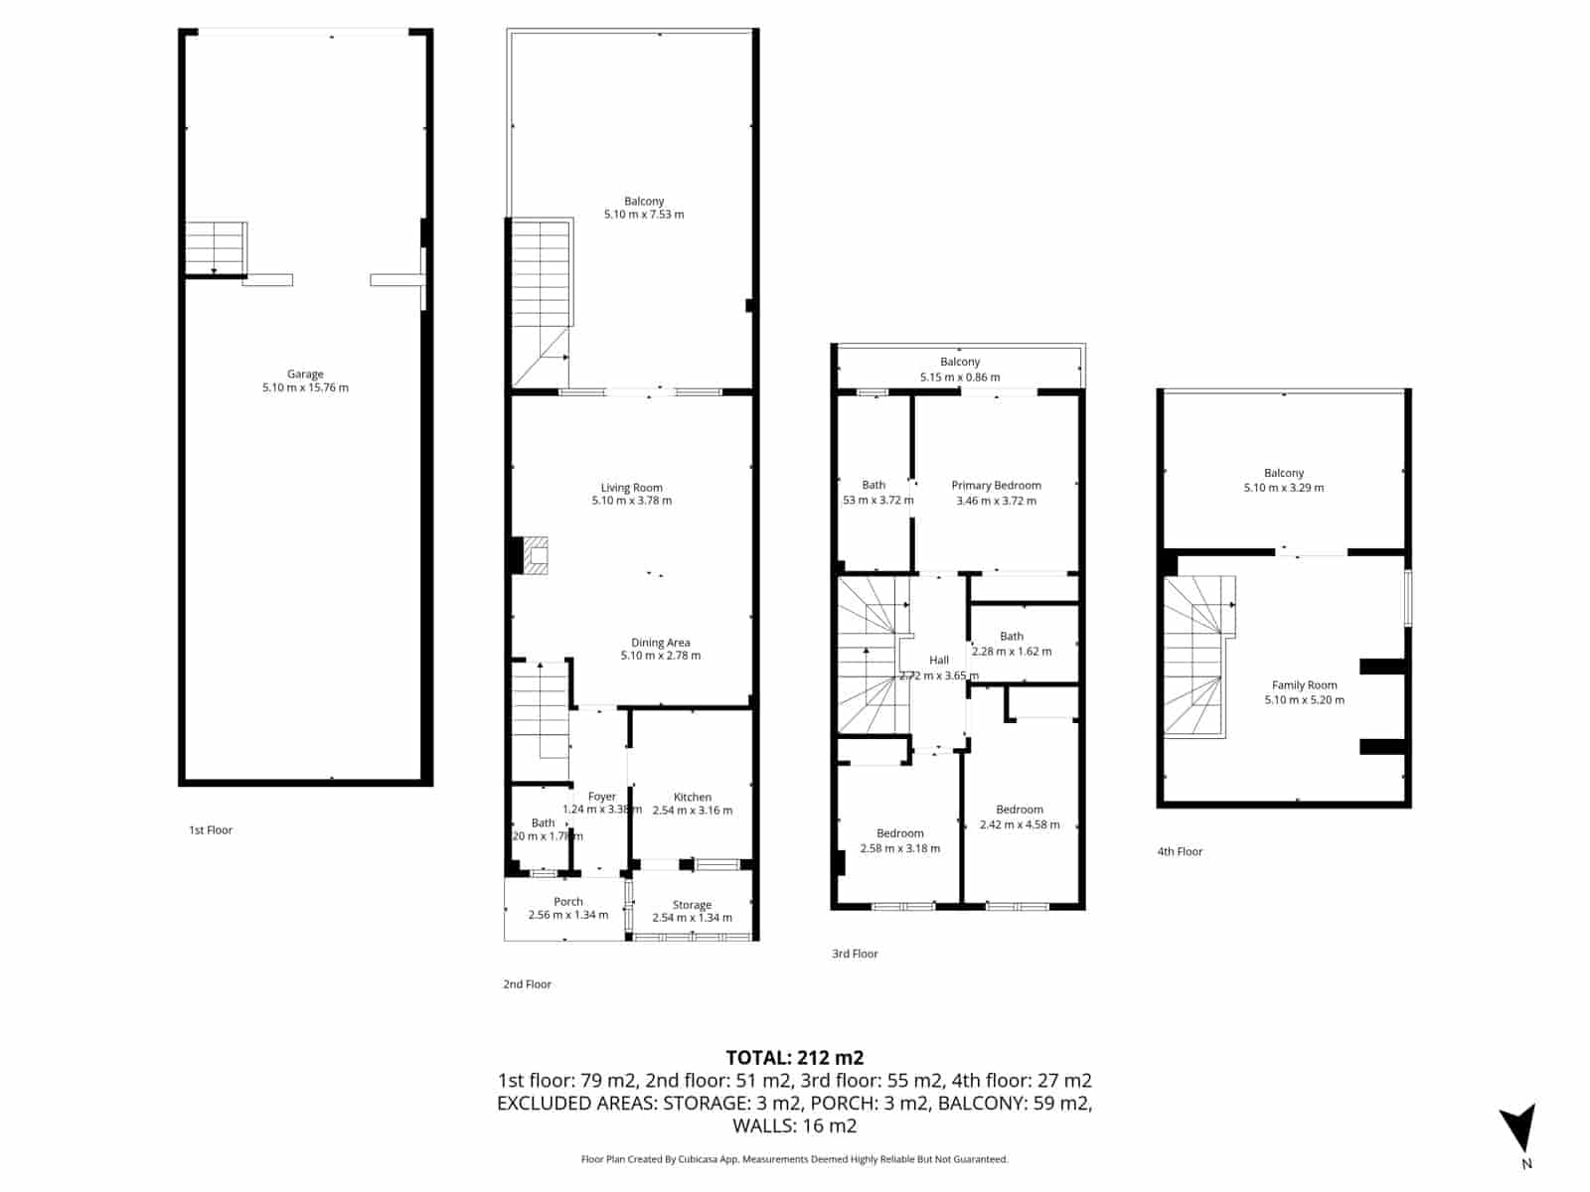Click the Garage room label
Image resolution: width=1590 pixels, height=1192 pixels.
(305, 374)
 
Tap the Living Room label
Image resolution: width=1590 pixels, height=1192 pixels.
(631, 488)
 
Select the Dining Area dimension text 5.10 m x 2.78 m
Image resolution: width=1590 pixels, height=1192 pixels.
(661, 656)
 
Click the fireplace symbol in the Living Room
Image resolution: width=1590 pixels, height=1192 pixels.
(537, 556)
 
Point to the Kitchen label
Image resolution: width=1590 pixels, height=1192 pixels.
(692, 797)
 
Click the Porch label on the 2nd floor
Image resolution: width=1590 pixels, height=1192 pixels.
(568, 902)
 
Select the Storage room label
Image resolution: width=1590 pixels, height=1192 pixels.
(692, 905)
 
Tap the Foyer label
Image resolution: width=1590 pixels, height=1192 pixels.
(602, 797)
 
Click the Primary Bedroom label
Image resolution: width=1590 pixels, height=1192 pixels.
(996, 486)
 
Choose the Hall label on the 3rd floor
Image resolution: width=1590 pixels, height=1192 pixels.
(939, 660)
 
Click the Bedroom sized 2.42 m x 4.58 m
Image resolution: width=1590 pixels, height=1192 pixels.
(1020, 810)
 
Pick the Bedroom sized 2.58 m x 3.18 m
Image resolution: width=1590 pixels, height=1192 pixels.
(900, 833)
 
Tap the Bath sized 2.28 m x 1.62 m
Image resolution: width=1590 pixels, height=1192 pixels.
(1012, 636)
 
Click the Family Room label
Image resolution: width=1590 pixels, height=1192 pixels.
(1304, 685)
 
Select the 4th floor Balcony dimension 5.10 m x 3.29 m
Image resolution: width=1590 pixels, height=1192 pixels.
(1284, 488)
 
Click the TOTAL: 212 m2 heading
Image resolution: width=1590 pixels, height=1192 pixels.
(794, 1057)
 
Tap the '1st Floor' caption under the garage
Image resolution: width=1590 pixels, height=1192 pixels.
(211, 830)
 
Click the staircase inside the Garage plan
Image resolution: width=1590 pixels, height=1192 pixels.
(215, 246)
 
